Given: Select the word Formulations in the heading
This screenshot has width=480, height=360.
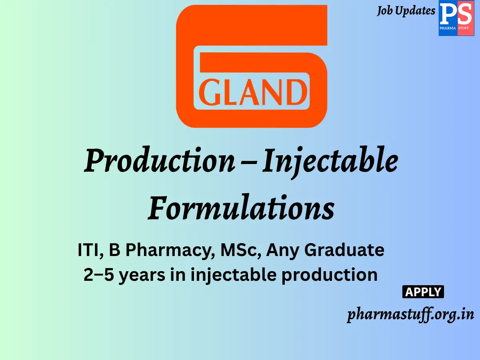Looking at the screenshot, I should coord(241,209).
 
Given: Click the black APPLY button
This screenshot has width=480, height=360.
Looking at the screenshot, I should coord(423,292).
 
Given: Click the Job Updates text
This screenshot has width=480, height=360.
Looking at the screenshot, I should coord(406,11).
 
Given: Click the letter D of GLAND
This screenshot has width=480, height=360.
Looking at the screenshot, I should coord(295,93).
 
